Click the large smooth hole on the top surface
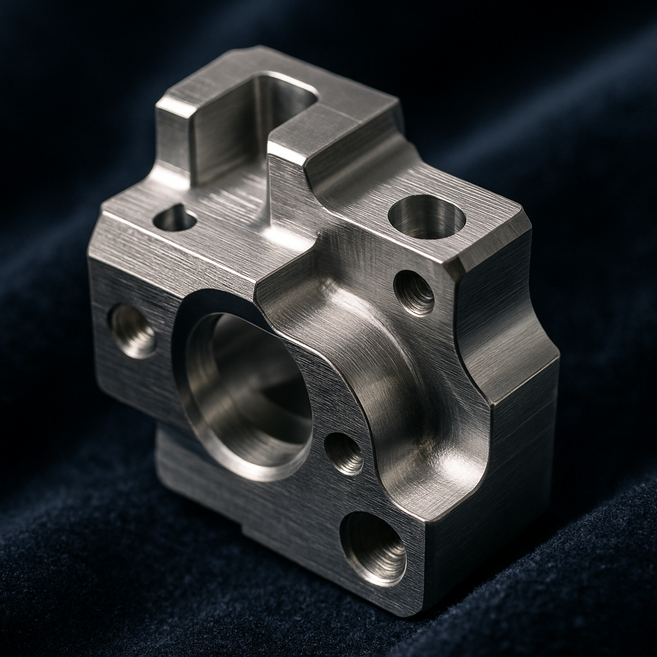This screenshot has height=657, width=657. [x=427, y=218]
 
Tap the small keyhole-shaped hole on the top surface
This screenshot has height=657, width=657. [x=175, y=219]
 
